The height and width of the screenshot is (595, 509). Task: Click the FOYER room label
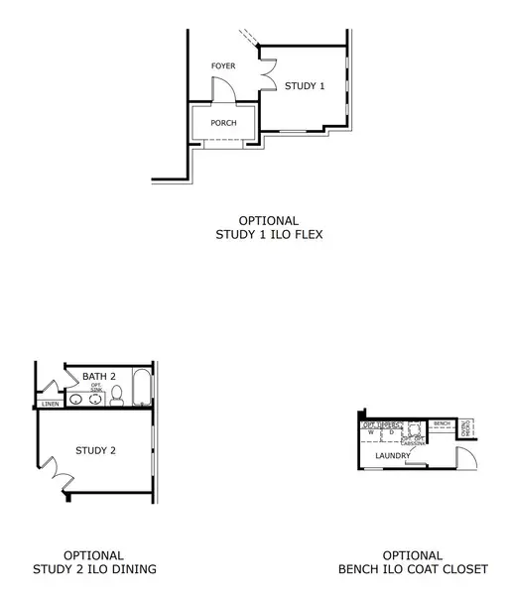[x=223, y=66]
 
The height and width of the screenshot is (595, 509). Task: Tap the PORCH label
[x=222, y=123]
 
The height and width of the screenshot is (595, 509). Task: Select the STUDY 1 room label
[x=305, y=86]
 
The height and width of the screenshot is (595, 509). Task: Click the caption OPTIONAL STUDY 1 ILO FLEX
[x=268, y=228]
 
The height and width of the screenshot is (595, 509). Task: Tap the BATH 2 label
[x=100, y=376]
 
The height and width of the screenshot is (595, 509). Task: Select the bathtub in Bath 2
[x=139, y=389]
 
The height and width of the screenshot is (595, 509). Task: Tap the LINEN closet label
[x=51, y=405]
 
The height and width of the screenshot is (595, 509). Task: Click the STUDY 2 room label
[x=96, y=450]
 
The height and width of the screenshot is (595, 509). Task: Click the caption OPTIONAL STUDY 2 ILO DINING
[x=94, y=562]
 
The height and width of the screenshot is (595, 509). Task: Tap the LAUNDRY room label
[x=393, y=455]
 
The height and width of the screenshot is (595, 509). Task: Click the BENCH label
[x=443, y=423]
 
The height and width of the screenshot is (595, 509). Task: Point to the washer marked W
[x=372, y=433]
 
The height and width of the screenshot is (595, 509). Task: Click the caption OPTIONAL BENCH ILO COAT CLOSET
[x=412, y=562]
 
